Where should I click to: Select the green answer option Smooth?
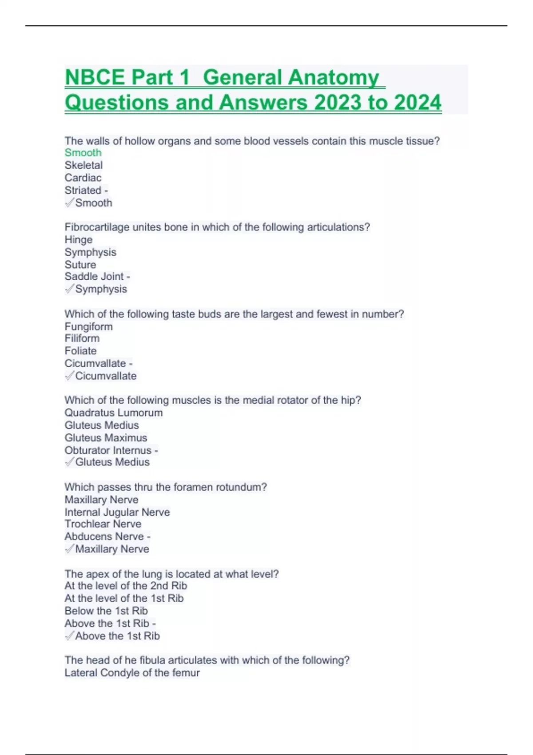pos(83,153)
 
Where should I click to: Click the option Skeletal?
pos(84,165)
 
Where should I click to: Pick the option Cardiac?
pos(83,178)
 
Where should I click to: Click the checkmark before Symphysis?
pos(69,289)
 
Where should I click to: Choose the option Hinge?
pos(79,240)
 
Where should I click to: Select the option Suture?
pos(80,265)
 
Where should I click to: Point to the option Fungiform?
pos(89,326)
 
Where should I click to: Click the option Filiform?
pos(82,338)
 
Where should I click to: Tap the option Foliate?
pos(80,351)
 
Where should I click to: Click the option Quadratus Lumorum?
pos(114,413)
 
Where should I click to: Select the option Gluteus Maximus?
pos(106,437)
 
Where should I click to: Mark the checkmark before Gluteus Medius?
pos(69,462)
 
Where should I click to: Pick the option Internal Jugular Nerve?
pos(117,512)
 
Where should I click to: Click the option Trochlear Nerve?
pos(103,524)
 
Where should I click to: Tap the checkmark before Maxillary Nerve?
pos(69,549)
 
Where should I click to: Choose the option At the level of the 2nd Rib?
pos(126,586)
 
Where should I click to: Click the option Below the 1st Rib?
pos(106,611)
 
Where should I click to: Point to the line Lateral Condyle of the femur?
pos(132,673)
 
